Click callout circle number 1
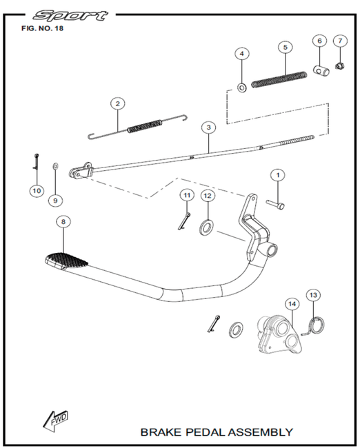pos(278,174)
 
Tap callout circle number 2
pos(118,103)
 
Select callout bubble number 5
pos(286,47)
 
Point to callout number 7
pos(340,41)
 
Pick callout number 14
pos(292,304)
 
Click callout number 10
pos(37,190)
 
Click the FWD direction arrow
pos(56,421)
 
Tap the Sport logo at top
pos(70,16)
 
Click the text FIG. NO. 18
pos(42,28)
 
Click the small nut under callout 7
pos(340,67)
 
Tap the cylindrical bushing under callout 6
pos(321,70)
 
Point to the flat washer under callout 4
pos(242,87)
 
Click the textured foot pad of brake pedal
pos(67,261)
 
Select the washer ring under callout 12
pos(206,227)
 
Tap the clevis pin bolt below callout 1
pos(276,204)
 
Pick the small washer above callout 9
pos(55,165)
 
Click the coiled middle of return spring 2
pos(145,126)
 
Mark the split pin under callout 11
pos(184,221)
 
